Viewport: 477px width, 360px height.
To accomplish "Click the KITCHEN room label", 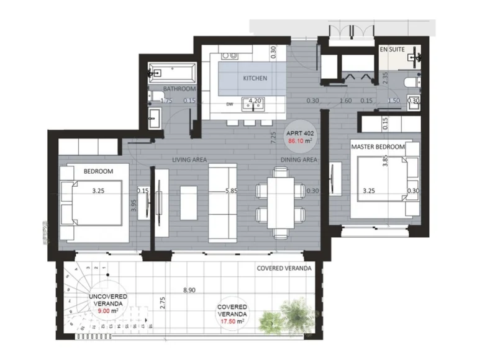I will pyautogui.click(x=255, y=78).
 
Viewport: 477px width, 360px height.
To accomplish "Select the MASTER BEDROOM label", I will pyautogui.click(x=378, y=147).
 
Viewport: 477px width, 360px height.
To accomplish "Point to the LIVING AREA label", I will pyautogui.click(x=189, y=160).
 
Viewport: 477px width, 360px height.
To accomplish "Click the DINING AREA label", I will pyautogui.click(x=300, y=160).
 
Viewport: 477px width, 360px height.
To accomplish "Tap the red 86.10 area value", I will pyautogui.click(x=299, y=141).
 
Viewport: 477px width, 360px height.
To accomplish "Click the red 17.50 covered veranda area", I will pyautogui.click(x=233, y=322).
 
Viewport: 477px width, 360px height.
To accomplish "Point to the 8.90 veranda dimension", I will pyautogui.click(x=189, y=289).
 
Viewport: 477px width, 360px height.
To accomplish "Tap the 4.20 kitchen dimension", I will pyautogui.click(x=254, y=101).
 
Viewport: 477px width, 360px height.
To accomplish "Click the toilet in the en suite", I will pyautogui.click(x=411, y=83).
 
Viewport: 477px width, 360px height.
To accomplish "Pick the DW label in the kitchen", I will pyautogui.click(x=230, y=104).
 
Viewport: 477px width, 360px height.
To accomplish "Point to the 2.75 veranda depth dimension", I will pyautogui.click(x=162, y=303).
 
